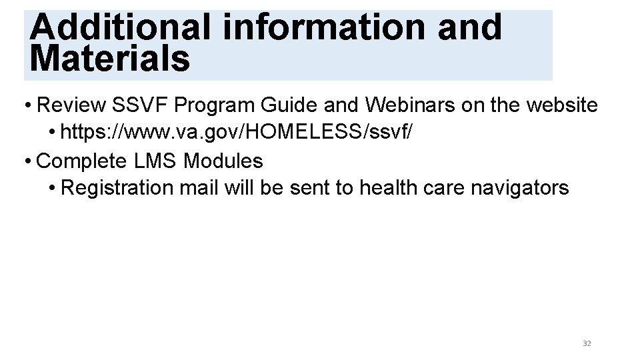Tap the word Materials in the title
(x=110, y=58)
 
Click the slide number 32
(x=587, y=343)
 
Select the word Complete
(x=82, y=161)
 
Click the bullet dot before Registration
(x=51, y=189)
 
